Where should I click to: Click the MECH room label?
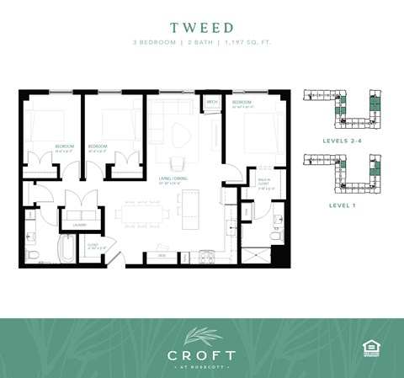[x=211, y=103]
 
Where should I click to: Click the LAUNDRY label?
[x=79, y=224]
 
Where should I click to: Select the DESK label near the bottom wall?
[x=162, y=253]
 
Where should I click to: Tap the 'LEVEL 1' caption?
[x=344, y=205]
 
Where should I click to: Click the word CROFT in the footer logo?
[x=202, y=354]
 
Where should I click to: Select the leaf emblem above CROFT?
[x=202, y=335]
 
